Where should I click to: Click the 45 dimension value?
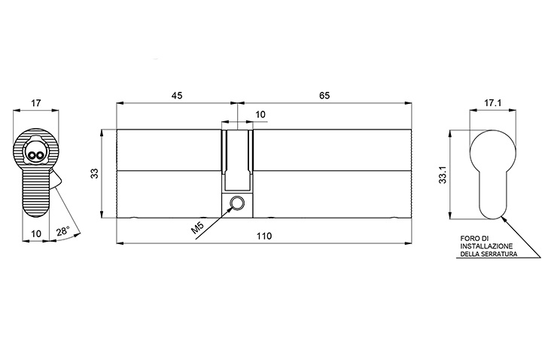[x=177, y=96]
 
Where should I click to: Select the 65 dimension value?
[x=324, y=96]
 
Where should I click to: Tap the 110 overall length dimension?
[x=264, y=236]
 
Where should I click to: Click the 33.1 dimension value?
[x=443, y=175]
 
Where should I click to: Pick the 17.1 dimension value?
[x=492, y=103]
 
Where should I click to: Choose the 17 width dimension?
[x=36, y=103]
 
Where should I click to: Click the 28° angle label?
[x=63, y=231]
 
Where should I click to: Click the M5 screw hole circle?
[x=237, y=203]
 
